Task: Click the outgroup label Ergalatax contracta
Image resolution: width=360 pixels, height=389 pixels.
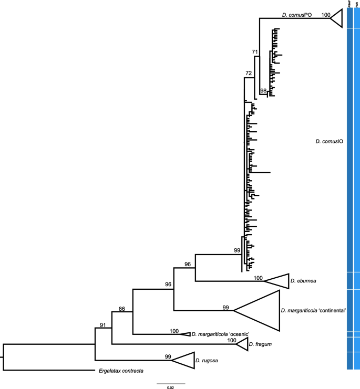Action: pos(121,371)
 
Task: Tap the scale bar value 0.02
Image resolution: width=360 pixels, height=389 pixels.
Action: pos(170,387)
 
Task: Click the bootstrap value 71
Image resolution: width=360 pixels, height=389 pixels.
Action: pos(255,51)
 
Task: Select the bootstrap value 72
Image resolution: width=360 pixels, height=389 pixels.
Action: pos(249,72)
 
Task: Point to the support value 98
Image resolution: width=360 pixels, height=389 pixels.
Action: pos(263,91)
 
